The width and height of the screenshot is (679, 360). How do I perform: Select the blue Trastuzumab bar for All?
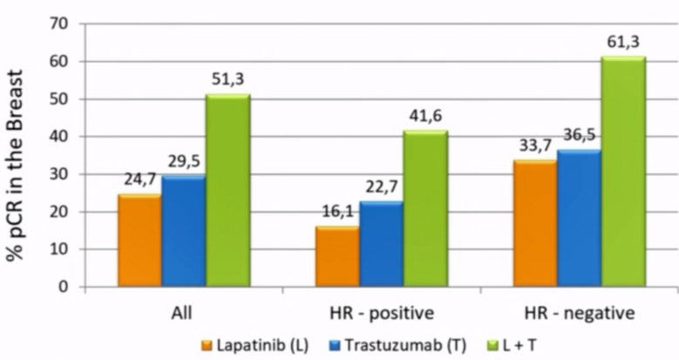point(184,232)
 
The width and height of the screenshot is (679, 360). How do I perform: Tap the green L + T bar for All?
point(227,191)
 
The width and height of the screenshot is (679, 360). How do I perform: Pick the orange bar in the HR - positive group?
point(337,257)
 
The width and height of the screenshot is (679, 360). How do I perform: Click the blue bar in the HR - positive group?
point(381,245)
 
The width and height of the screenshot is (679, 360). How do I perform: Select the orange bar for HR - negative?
point(534,224)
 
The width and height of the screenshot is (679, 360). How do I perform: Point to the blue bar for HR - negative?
point(579,219)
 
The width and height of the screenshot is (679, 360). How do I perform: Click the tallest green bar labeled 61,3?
point(622,172)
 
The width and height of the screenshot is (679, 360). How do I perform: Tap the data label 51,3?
point(228,79)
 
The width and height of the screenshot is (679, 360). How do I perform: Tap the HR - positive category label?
point(381,312)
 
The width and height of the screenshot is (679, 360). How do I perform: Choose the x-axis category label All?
point(183,312)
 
